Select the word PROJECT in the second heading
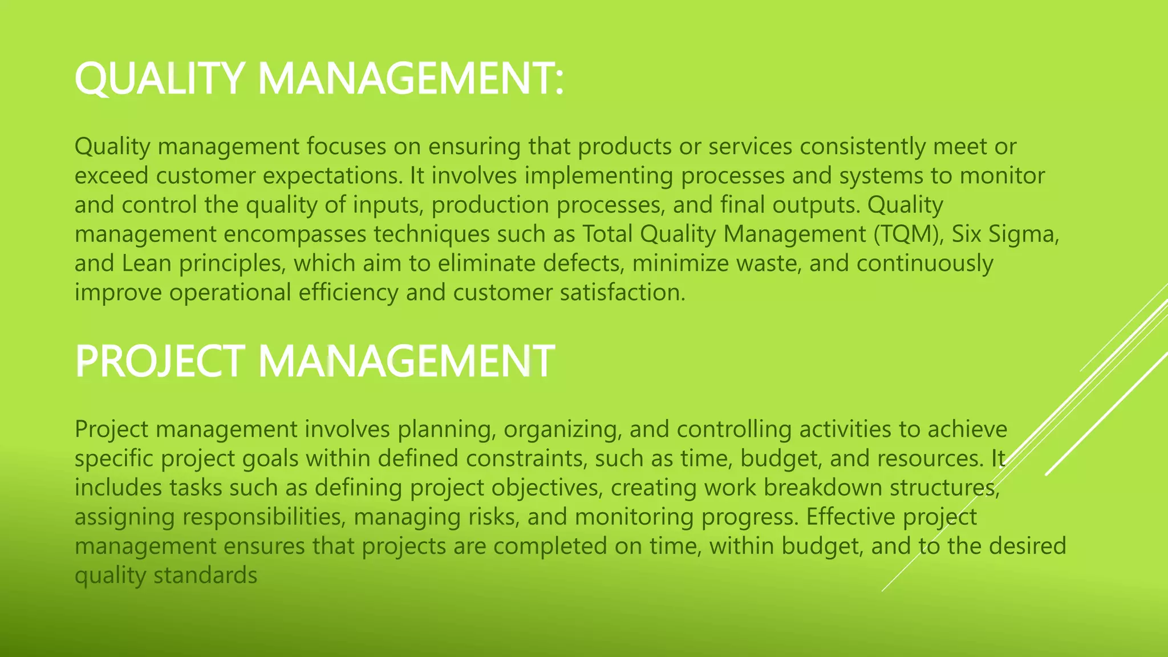tap(160, 361)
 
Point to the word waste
tap(769, 263)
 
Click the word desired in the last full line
tap(1027, 546)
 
